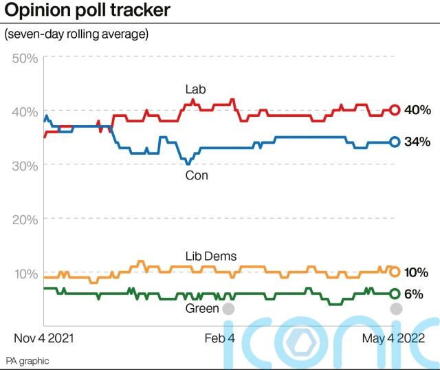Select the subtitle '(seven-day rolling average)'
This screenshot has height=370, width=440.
point(76,34)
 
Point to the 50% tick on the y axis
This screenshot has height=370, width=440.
point(25,57)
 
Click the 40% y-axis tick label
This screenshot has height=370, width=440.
point(25,111)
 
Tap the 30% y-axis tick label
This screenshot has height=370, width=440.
point(25,165)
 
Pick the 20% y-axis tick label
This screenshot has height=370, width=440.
point(25,219)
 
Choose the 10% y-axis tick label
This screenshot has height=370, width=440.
point(25,273)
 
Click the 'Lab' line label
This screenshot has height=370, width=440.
point(195,89)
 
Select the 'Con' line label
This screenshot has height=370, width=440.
point(197,176)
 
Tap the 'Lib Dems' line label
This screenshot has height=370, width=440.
point(211,257)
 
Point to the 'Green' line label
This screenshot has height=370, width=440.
point(202,309)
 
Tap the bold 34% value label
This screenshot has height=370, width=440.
point(417,142)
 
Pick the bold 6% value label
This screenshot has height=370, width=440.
point(413,294)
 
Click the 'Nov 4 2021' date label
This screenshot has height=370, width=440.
point(44,338)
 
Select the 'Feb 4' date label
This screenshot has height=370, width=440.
point(220,338)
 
